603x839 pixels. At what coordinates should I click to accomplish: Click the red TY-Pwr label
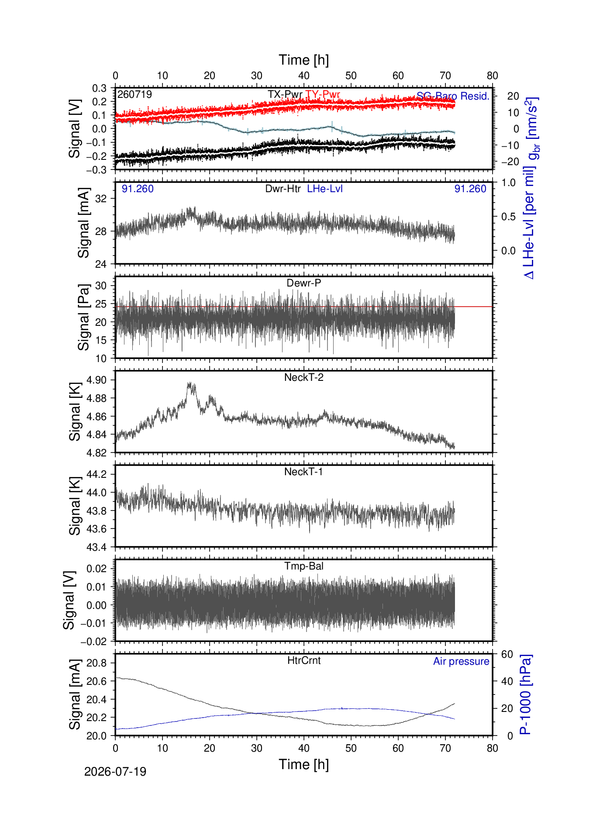[x=323, y=94]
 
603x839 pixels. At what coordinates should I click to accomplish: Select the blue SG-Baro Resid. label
[x=453, y=96]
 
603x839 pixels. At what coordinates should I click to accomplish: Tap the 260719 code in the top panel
[x=135, y=94]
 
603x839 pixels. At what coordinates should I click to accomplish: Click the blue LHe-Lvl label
[x=325, y=189]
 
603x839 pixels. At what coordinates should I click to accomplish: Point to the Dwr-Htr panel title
[x=283, y=189]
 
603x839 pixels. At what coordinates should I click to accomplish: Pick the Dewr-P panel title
[x=304, y=283]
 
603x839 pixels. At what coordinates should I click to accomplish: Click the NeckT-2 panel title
[x=304, y=377]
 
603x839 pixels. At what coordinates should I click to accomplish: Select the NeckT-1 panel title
[x=304, y=472]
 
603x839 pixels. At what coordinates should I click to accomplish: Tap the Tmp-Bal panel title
[x=304, y=566]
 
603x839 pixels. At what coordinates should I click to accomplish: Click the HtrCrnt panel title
[x=304, y=660]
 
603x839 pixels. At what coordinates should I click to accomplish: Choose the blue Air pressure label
[x=461, y=661]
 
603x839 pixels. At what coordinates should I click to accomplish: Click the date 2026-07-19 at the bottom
[x=115, y=772]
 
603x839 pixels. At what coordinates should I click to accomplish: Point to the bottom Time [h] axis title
[x=304, y=765]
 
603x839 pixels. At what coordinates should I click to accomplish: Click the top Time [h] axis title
[x=304, y=60]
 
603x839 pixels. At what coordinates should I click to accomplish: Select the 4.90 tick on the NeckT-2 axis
[x=96, y=380]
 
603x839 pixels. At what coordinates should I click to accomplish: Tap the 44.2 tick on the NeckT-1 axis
[x=96, y=474]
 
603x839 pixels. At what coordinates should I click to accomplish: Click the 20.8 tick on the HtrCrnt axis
[x=96, y=663]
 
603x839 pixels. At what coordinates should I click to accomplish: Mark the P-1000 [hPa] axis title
[x=526, y=694]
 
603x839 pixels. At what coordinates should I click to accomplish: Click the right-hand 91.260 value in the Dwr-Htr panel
[x=470, y=189]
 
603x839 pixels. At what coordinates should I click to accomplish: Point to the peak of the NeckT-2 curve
[x=190, y=383]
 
